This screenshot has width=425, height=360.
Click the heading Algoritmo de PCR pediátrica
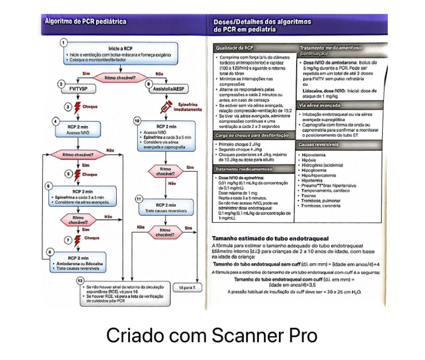pyautogui.click(x=85, y=22)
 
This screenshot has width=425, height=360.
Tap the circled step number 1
pyautogui.click(x=63, y=42)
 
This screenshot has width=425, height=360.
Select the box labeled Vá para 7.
pyautogui.click(x=188, y=288)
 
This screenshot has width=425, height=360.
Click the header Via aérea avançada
pyautogui.click(x=320, y=105)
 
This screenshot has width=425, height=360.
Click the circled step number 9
pyautogui.click(x=148, y=83)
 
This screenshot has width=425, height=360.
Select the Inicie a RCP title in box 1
pyautogui.click(x=120, y=48)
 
